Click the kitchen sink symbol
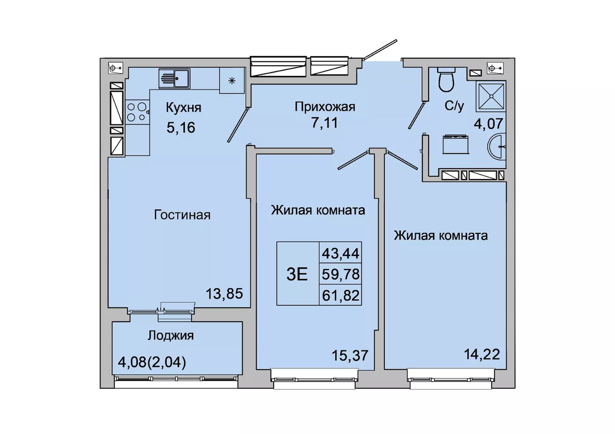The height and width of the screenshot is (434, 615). coord(174,78)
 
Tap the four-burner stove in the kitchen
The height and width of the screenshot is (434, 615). coord(137,112)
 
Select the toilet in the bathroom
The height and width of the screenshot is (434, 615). coord(446,79)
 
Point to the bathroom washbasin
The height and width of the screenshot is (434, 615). coord(497,146)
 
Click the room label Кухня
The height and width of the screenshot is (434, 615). coord(184,108)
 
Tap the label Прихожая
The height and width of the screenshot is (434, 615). coord(325,107)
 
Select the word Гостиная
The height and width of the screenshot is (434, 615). coord(182,215)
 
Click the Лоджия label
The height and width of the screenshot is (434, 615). coord(171,336)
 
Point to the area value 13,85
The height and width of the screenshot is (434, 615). coord(224,294)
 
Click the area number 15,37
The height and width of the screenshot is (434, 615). coord(350,356)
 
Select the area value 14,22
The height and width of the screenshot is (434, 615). coord(482,354)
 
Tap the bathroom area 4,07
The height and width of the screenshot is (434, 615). coord(489,123)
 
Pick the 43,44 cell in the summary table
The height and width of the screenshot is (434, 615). coord(341,253)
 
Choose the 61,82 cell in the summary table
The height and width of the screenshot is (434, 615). coord(341,295)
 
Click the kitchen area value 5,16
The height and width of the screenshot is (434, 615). coord(181,127)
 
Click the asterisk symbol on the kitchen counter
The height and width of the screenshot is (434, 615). coord(232,81)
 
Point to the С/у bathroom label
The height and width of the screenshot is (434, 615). coord(455,106)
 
